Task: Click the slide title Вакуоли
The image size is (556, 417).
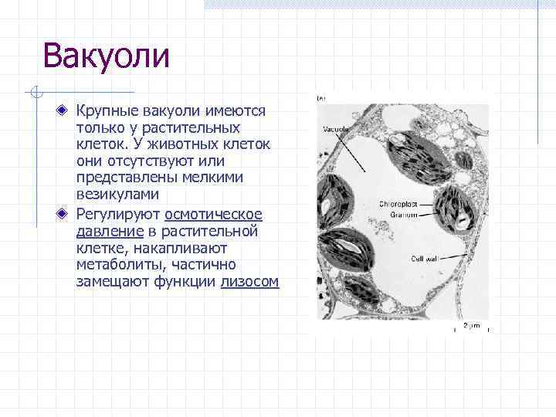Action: (x=106, y=56)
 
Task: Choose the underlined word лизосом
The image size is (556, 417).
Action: (x=249, y=282)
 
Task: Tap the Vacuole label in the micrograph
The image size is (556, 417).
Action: (x=336, y=129)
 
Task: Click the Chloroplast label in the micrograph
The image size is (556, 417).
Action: (x=398, y=204)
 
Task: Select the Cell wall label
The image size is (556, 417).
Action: (x=425, y=258)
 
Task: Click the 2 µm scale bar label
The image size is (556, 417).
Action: (x=471, y=325)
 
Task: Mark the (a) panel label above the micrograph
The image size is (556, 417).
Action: (x=321, y=98)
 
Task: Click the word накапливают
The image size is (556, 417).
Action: (x=178, y=248)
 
